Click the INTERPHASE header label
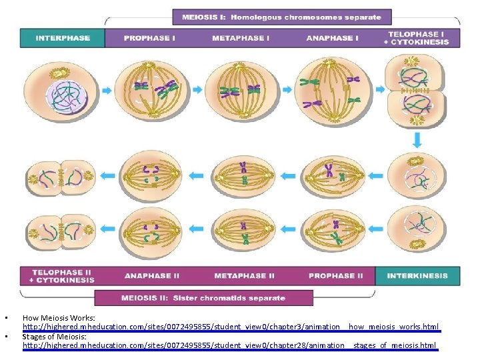63,38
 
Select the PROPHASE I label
149,38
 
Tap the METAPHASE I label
240,38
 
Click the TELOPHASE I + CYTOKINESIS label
418,37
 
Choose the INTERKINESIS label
417,275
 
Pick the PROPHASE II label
336,275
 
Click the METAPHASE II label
244,275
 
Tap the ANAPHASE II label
152,275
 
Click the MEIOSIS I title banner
282,17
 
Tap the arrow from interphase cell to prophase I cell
107,90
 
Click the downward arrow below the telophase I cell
417,140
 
